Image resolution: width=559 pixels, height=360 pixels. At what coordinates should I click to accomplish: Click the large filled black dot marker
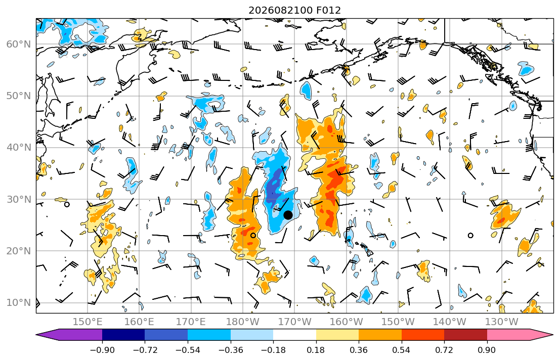click(x=288, y=215)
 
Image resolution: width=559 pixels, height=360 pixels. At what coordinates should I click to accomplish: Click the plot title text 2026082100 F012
click(x=294, y=10)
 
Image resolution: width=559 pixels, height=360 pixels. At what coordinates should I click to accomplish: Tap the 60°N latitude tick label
click(x=19, y=44)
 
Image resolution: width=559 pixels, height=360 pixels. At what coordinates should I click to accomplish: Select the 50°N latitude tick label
click(x=19, y=96)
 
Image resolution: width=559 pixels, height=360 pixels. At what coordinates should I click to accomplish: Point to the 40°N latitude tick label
click(x=19, y=148)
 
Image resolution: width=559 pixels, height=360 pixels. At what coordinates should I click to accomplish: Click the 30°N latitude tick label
click(x=19, y=199)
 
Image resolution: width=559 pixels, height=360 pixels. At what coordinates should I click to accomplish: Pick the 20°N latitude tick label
click(x=19, y=251)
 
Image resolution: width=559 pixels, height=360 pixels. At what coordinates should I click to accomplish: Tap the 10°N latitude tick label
click(x=19, y=303)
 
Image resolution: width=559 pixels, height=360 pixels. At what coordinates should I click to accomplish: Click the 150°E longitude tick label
click(x=88, y=322)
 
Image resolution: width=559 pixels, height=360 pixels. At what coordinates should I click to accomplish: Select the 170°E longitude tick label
click(x=191, y=322)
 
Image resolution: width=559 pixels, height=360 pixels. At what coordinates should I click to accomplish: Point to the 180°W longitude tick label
click(x=243, y=322)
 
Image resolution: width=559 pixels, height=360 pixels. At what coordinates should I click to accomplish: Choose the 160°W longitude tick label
click(x=346, y=322)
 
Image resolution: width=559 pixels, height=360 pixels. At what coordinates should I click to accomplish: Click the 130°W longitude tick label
click(x=502, y=322)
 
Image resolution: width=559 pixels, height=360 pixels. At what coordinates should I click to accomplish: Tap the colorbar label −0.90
click(x=102, y=350)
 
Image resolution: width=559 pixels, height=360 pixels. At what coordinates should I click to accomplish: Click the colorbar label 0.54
click(x=402, y=350)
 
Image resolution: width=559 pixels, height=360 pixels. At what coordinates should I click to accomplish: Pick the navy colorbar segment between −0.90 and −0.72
click(x=123, y=335)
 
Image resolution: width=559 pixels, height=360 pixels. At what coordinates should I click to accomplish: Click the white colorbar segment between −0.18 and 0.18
click(x=294, y=335)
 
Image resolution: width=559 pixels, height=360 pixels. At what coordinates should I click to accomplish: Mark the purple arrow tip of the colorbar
click(x=36, y=335)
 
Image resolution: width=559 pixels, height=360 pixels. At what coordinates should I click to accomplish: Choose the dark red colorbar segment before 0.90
click(x=465, y=335)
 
